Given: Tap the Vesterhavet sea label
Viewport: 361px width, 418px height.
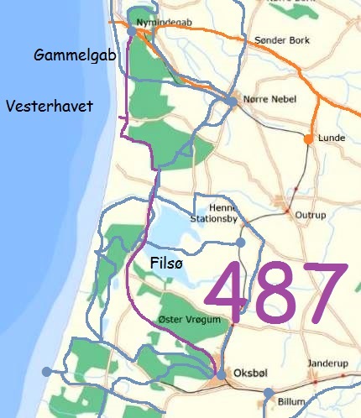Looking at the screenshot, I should point(49,107).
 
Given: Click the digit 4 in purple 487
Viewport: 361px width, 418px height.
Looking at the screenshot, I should point(229,292).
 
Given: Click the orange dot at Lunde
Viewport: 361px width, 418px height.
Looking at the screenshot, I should point(309,138).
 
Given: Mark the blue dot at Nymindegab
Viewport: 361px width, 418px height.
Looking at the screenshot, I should point(133,31).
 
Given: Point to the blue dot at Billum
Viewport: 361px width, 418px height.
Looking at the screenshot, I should point(268,392).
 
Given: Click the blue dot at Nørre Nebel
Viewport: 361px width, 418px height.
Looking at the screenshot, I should point(229,102).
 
